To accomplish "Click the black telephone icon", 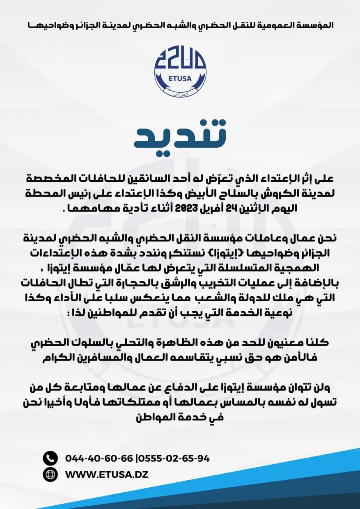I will tap(50, 458).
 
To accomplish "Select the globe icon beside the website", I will tap(50, 475).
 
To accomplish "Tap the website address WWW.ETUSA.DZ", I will tap(107, 475).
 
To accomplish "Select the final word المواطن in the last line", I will tap(151, 418).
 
